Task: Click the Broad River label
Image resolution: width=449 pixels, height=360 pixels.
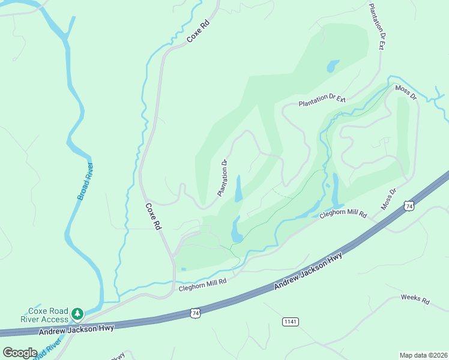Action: click(x=85, y=181)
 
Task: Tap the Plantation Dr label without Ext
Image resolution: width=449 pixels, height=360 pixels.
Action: click(x=222, y=178)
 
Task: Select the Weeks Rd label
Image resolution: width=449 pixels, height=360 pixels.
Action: click(x=415, y=299)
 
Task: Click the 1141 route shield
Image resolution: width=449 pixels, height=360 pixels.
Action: click(x=290, y=322)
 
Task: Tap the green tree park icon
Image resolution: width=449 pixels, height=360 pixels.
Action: click(x=77, y=314)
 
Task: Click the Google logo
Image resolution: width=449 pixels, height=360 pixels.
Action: click(x=20, y=352)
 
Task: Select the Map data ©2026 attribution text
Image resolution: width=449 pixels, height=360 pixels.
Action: click(x=423, y=355)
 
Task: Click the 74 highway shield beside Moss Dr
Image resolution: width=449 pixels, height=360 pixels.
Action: click(x=409, y=206)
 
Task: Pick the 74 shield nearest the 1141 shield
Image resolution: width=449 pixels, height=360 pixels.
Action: click(x=194, y=313)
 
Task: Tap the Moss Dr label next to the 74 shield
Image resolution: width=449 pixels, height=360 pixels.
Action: click(x=389, y=199)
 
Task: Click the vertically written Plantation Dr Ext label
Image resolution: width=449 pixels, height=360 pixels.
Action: click(x=376, y=26)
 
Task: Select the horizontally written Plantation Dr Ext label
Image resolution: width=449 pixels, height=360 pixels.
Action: click(x=322, y=100)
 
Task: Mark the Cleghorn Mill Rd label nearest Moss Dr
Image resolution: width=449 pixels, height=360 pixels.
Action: click(x=343, y=214)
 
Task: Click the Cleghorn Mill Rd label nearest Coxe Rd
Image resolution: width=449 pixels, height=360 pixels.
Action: click(x=202, y=284)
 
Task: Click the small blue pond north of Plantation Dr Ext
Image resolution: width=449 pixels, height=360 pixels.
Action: click(x=333, y=65)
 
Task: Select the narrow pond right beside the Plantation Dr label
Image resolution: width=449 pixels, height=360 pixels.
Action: click(x=238, y=188)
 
